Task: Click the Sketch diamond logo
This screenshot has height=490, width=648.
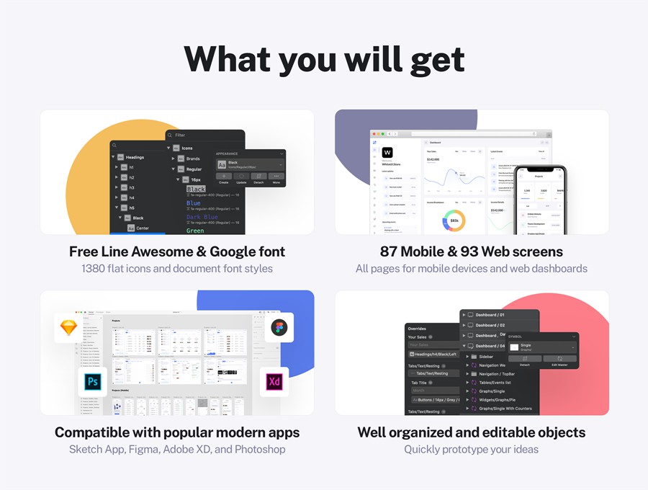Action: click(69, 327)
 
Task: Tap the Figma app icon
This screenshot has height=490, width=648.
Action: click(279, 329)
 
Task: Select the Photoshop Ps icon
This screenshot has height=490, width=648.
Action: click(93, 382)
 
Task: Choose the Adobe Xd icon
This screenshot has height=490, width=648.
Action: click(274, 382)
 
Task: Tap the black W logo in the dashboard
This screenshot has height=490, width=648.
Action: click(387, 153)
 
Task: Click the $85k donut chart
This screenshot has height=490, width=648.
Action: click(454, 220)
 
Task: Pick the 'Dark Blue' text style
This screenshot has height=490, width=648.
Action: click(202, 217)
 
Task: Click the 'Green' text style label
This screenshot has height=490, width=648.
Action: click(195, 231)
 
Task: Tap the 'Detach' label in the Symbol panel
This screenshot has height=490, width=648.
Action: click(524, 365)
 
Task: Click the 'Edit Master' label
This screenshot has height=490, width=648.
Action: click(559, 365)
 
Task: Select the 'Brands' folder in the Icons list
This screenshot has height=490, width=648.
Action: click(193, 159)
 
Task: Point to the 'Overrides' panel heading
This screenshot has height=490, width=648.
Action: click(417, 329)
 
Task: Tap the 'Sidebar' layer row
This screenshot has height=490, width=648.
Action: click(486, 357)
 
